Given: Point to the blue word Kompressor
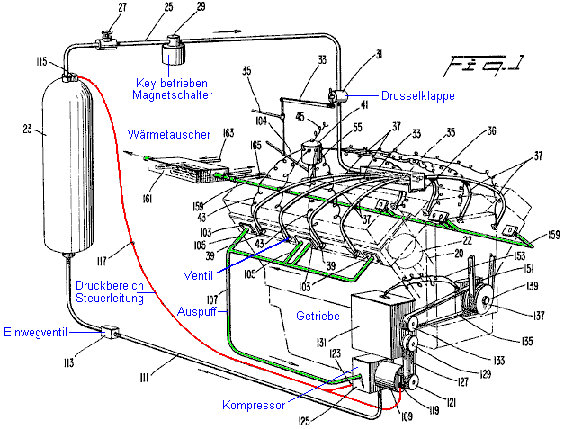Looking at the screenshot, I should click(x=255, y=405).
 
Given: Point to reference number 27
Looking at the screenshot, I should click(x=110, y=8).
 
